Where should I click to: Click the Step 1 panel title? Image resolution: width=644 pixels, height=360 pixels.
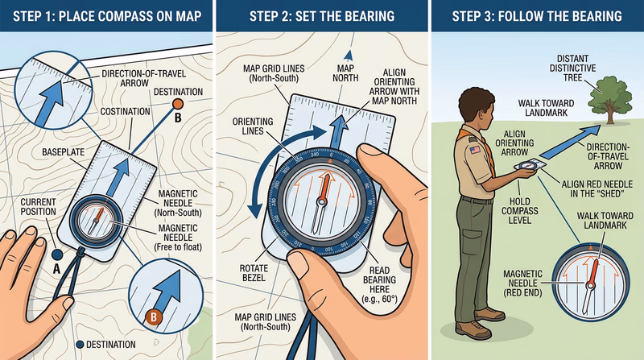(x=106, y=16)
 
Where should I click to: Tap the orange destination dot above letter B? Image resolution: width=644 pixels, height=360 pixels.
(x=178, y=104)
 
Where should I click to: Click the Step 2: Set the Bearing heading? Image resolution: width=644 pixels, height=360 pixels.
(x=321, y=16)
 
